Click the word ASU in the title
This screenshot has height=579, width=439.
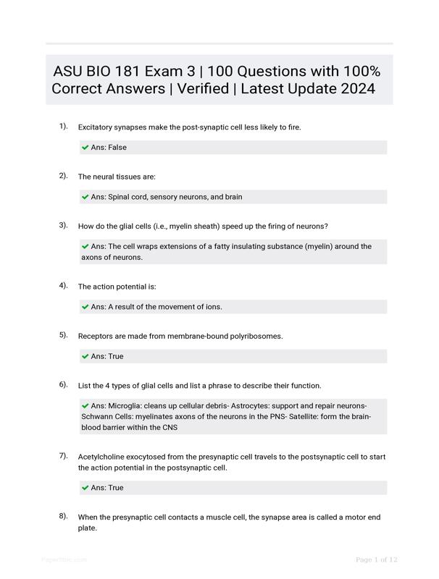tap(70, 72)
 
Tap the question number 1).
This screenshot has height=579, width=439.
tap(64, 126)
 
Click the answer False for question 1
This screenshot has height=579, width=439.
tap(116, 148)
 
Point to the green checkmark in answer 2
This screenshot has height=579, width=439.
tap(85, 197)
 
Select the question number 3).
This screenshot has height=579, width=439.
tap(64, 225)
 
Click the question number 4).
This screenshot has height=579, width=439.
tap(64, 285)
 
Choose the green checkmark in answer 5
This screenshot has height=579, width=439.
tap(85, 357)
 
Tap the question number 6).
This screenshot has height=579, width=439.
tap(64, 384)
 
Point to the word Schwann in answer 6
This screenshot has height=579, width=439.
tap(98, 417)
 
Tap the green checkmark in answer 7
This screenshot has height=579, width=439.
tap(85, 488)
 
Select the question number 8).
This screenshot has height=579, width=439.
tap(64, 516)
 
